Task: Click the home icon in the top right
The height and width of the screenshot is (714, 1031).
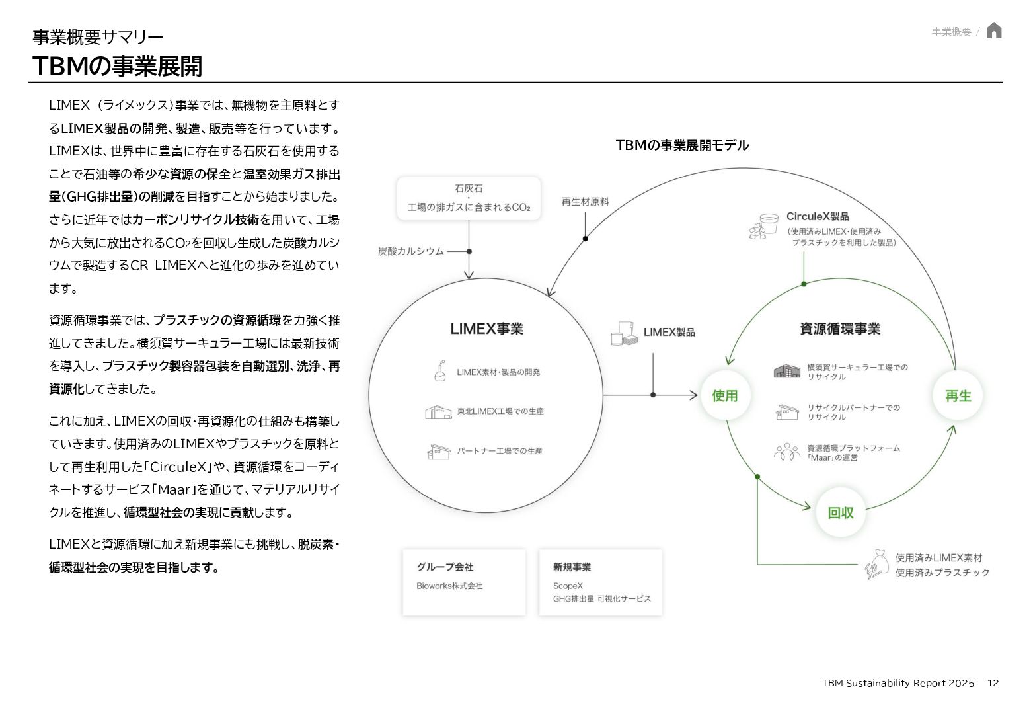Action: pos(993,31)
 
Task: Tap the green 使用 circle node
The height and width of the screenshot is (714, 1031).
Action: pos(724,395)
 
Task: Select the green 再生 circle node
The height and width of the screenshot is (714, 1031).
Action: pos(958,395)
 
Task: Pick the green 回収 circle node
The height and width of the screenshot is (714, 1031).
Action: pos(841,512)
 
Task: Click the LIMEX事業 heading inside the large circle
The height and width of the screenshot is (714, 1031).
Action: pos(486,329)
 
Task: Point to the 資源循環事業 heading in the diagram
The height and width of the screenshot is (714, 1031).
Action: pos(840,329)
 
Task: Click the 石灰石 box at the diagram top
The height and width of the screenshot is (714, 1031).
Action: pos(469,198)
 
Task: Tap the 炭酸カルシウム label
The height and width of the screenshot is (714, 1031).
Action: pos(410,251)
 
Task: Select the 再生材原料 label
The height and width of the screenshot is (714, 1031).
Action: pos(585,202)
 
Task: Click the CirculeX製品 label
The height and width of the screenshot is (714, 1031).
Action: pos(818,216)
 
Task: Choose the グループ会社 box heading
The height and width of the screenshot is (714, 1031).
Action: pos(445,567)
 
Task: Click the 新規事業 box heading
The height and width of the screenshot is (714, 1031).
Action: pos(572,567)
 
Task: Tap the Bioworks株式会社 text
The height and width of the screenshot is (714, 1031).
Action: pos(449,586)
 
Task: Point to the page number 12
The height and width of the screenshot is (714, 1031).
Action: pos(993,683)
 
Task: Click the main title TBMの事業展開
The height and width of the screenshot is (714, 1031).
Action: pos(117,66)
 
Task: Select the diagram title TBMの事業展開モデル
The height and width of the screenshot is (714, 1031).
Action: pos(682,145)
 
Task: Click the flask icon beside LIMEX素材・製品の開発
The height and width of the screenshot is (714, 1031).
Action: pos(439,371)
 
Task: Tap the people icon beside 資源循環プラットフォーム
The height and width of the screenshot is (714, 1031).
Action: pos(786,452)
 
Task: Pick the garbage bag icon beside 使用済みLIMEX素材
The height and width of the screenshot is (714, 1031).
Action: pos(877,565)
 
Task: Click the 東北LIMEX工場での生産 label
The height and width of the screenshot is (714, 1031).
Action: pos(500,411)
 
